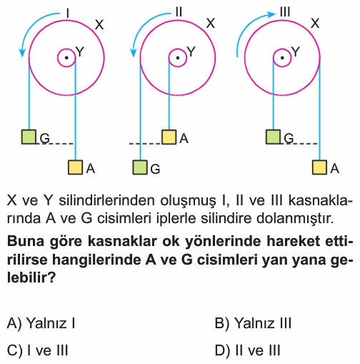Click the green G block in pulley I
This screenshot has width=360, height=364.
pos(29,137)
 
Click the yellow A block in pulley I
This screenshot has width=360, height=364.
pos(76,167)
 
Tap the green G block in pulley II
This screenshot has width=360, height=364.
pos(140,167)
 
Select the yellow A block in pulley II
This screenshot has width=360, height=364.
pos(169,137)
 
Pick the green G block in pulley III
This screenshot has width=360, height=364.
pos(273,137)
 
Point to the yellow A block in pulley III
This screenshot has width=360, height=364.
pos(319,167)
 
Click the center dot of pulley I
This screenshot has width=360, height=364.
pos(66,58)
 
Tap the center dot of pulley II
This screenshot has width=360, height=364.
pos(178,58)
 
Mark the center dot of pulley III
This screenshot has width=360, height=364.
pos(282,58)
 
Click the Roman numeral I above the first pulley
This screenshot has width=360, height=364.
pos(68,13)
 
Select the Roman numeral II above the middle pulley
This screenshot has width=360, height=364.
pos(179,11)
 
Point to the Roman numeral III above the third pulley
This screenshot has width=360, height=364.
pos(285,11)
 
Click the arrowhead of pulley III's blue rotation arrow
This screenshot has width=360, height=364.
pos(271,14)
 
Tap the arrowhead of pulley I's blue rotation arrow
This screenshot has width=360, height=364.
pos(22,52)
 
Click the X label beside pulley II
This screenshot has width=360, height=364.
pos(211,24)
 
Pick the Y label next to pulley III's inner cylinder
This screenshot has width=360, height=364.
pos(295,51)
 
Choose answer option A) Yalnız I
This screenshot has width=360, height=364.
pos(41,323)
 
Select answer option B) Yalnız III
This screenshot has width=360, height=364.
pos(253,323)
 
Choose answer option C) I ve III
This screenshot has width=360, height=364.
pos(38,350)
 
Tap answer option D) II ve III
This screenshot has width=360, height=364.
pos(248,350)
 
